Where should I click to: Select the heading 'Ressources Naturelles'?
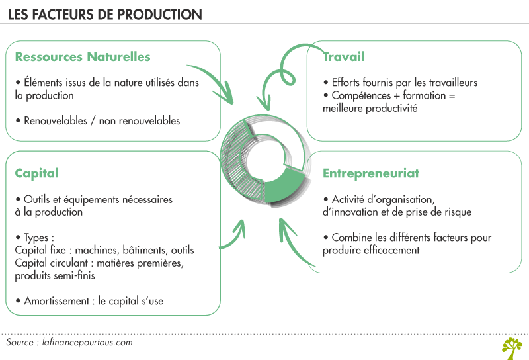click(83, 56)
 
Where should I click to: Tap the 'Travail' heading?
click(343, 56)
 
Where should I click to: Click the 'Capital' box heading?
click(36, 173)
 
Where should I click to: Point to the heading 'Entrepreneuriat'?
click(371, 173)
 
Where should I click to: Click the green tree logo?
click(511, 347)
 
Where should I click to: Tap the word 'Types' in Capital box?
click(37, 238)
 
